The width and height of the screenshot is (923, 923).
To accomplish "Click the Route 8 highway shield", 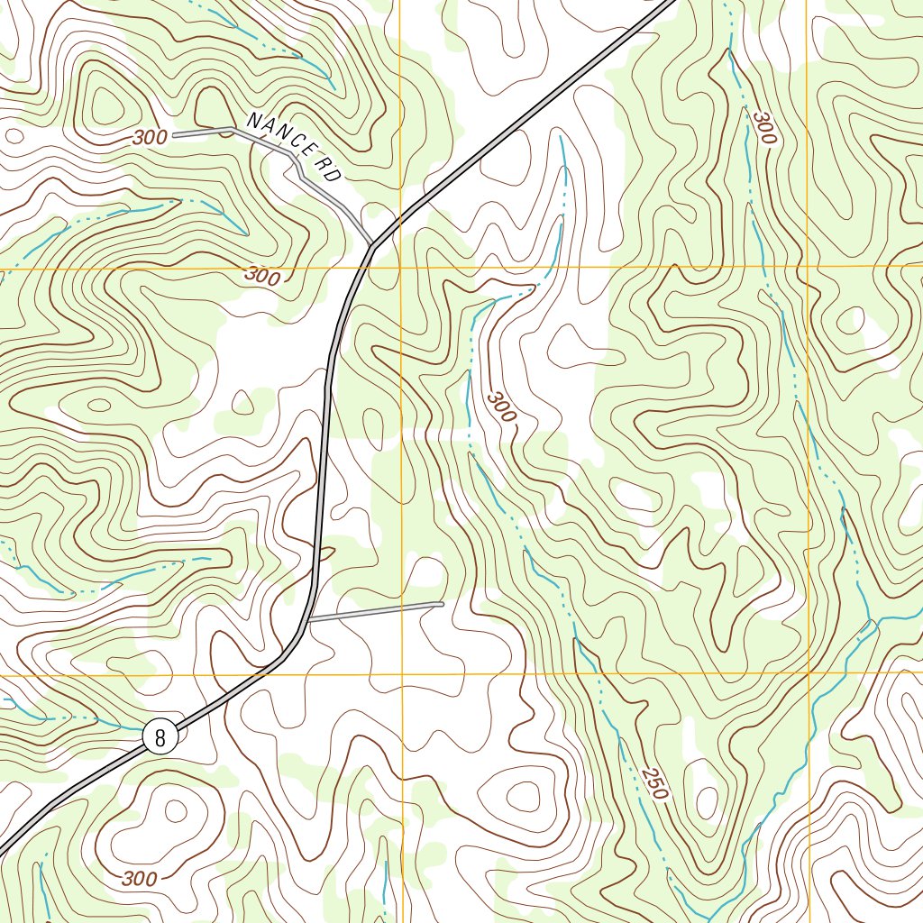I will coord(160,737).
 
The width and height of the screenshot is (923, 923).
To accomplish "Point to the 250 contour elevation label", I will coord(655,783).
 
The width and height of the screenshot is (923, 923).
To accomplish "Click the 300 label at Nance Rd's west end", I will coord(150,137).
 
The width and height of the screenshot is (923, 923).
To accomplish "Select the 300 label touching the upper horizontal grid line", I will coord(261,277).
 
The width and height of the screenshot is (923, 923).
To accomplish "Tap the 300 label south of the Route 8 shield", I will coord(139,878).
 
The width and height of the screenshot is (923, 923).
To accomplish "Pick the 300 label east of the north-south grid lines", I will coord(764,128).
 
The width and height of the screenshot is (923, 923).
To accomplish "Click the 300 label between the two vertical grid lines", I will coord(502,407).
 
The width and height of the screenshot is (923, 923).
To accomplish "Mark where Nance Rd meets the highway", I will coord(372,244).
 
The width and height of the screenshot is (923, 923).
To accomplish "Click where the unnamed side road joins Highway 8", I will coord(309,620).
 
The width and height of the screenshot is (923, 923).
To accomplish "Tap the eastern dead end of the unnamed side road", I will coord(442,603).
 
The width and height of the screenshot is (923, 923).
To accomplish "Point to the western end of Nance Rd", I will coord(174,135).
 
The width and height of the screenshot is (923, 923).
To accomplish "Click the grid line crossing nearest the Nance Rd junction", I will coord(401,268).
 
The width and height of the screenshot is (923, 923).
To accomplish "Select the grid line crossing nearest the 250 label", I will coord(808,673).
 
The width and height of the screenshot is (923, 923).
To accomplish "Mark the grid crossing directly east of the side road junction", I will coord(401,674).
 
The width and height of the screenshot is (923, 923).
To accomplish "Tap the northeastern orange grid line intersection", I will coord(807,267).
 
